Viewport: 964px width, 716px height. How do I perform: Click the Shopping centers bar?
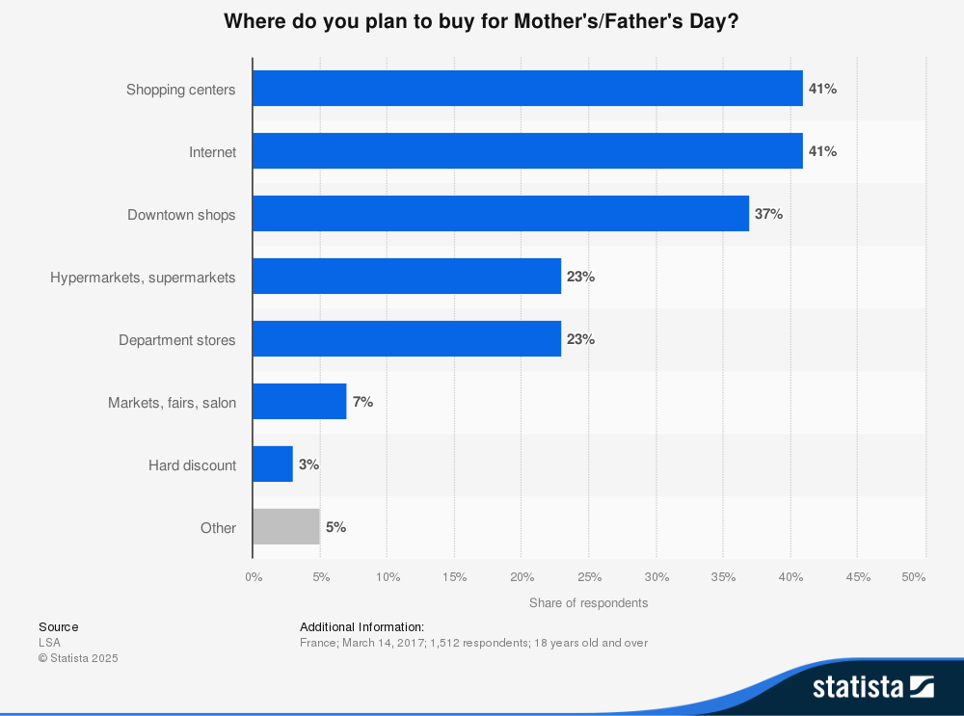coord(527,89)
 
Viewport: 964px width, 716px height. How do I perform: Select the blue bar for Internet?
coord(527,151)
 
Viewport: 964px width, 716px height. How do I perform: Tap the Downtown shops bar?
coord(500,214)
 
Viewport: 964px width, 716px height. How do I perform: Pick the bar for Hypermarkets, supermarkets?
coord(407,277)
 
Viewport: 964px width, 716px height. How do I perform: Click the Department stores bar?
coord(407,339)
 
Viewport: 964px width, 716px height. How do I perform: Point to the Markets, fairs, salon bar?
coord(299,402)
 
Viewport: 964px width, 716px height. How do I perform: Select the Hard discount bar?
coord(273,464)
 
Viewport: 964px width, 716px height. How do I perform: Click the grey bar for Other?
coord(286,527)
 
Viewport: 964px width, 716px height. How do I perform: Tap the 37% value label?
coord(768,214)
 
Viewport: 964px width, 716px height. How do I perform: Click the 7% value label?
coord(362,402)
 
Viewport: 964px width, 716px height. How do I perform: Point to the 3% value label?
coord(308,464)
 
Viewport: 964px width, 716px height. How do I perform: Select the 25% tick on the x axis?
coord(589,577)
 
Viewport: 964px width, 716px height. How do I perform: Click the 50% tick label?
coord(913,577)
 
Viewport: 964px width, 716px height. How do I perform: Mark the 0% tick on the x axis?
coord(254,577)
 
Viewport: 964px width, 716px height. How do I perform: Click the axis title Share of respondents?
coord(588,603)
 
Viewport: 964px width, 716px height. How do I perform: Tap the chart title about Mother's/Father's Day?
coord(481,20)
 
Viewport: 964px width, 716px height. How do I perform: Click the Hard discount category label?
coord(192,465)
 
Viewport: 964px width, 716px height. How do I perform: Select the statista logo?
coord(872,686)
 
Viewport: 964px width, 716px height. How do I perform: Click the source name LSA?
coord(49,643)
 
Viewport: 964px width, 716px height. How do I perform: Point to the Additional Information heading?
coord(361,627)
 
